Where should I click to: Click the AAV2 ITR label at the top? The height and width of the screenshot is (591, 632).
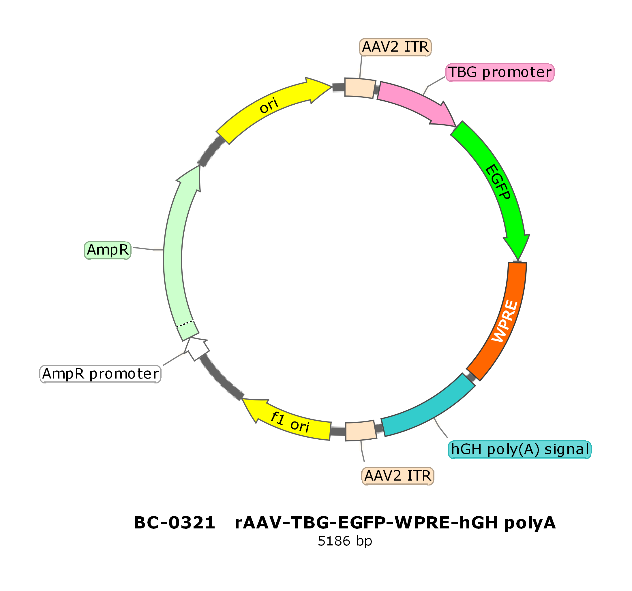pos(395,47)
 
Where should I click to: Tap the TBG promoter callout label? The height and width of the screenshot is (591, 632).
pos(500,72)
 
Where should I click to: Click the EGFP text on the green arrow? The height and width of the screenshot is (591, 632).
pos(498,182)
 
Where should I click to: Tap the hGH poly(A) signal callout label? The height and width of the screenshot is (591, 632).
pos(520,450)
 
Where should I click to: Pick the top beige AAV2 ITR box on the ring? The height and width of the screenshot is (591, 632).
pos(360,88)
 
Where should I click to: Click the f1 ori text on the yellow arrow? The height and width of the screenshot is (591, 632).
pos(290,422)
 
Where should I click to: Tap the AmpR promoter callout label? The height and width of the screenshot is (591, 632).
pos(100,374)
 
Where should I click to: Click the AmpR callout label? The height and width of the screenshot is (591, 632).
pos(108,250)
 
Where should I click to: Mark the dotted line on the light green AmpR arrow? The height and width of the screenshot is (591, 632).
pos(185,323)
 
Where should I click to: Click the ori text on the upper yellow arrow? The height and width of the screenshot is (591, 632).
pos(269,105)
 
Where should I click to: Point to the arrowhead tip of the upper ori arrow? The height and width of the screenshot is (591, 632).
pos(332,86)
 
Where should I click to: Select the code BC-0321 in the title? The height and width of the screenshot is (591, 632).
pos(175,523)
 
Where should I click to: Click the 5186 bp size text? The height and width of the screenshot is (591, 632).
pos(345,541)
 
